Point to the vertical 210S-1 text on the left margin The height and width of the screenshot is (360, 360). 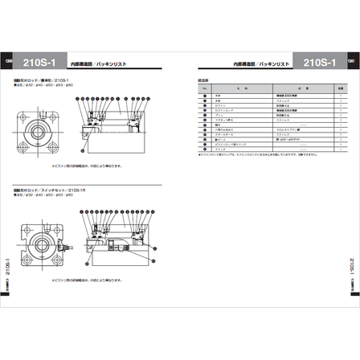point(8,262)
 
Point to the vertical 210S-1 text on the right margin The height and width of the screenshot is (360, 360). point(351,262)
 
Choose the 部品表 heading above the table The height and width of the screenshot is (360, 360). point(203,80)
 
